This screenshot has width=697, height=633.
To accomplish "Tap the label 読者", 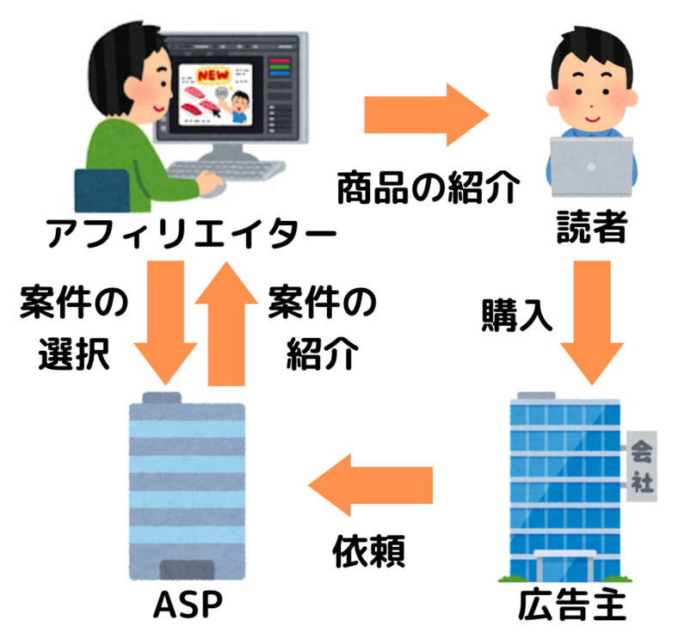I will point(589,230).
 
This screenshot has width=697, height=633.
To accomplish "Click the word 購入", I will point(515,316).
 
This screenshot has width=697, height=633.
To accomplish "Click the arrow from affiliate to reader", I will point(427,117).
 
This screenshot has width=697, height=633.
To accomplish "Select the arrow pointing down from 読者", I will point(593,317).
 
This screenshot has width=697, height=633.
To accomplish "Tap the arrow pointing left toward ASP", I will point(371,490).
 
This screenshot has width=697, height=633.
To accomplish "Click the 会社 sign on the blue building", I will point(640,465).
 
